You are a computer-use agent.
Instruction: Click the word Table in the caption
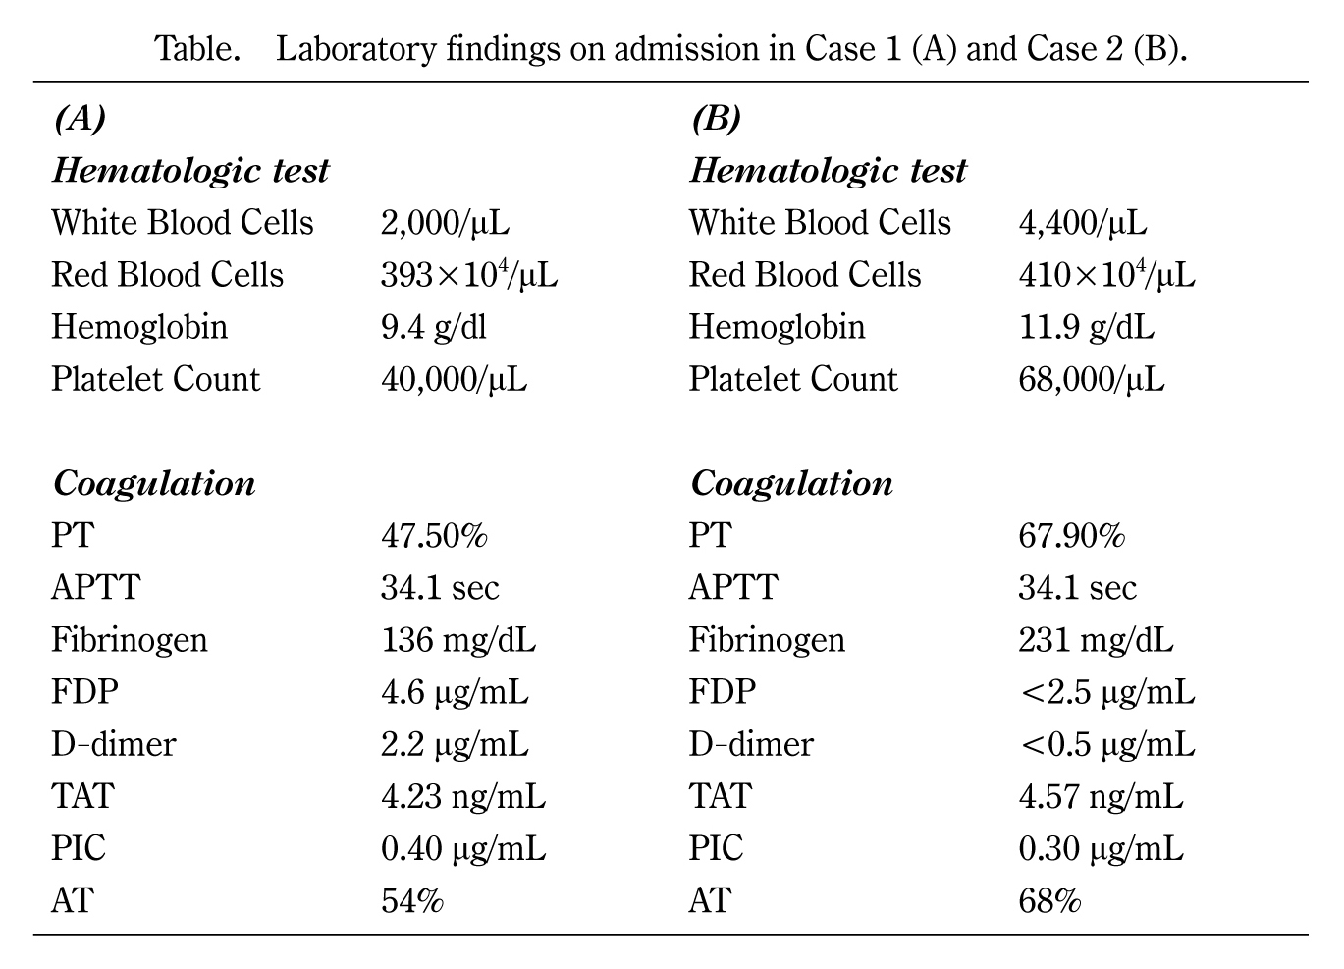click(196, 48)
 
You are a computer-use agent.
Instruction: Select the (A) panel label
click(79, 119)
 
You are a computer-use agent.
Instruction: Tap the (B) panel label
click(716, 119)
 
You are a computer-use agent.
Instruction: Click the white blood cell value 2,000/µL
click(445, 223)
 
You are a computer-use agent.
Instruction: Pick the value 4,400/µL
click(1082, 223)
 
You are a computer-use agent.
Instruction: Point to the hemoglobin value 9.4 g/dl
click(433, 327)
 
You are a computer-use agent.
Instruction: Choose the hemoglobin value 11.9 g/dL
click(1086, 327)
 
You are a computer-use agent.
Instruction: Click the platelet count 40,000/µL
click(454, 380)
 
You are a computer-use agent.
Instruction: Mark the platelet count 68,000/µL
click(1091, 380)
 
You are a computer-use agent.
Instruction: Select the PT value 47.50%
click(434, 536)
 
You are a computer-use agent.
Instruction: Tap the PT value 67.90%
click(1071, 536)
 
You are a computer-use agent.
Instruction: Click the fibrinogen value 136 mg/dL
click(458, 640)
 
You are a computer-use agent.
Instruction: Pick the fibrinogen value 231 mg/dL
click(1096, 640)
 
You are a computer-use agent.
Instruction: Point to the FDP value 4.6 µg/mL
click(455, 692)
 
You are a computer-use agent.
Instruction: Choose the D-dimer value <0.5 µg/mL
click(1106, 744)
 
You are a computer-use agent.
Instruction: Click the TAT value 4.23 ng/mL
click(463, 796)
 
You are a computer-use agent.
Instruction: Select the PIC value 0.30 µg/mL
click(1101, 848)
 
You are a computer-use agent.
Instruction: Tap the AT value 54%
click(412, 900)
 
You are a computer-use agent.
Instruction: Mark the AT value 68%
click(1049, 900)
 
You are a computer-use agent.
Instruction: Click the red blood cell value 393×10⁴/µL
click(469, 275)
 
